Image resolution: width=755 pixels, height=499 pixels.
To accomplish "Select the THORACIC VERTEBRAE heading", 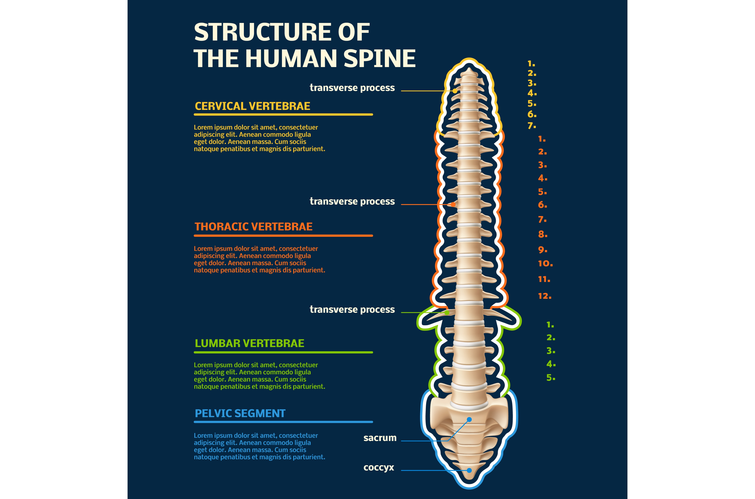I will (x=253, y=227).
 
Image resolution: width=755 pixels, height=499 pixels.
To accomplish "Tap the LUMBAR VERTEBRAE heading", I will (x=249, y=343).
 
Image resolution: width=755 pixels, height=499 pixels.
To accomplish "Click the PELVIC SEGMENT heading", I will (x=240, y=413).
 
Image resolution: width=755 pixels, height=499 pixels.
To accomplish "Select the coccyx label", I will (x=379, y=468).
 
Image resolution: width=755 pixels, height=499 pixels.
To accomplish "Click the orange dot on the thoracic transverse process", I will (x=453, y=205).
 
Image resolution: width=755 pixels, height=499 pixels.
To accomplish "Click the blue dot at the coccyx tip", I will (x=469, y=470).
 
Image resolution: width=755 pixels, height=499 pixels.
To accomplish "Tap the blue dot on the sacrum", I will (x=469, y=420).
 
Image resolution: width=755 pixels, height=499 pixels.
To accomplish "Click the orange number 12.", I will (x=544, y=296).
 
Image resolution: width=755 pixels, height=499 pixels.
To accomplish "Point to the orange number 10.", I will (x=545, y=264).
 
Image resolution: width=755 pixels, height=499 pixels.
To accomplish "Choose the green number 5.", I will (x=550, y=378).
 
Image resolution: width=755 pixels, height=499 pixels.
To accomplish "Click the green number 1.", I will (x=550, y=325).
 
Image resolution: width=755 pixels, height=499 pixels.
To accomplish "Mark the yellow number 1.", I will (x=531, y=64).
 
